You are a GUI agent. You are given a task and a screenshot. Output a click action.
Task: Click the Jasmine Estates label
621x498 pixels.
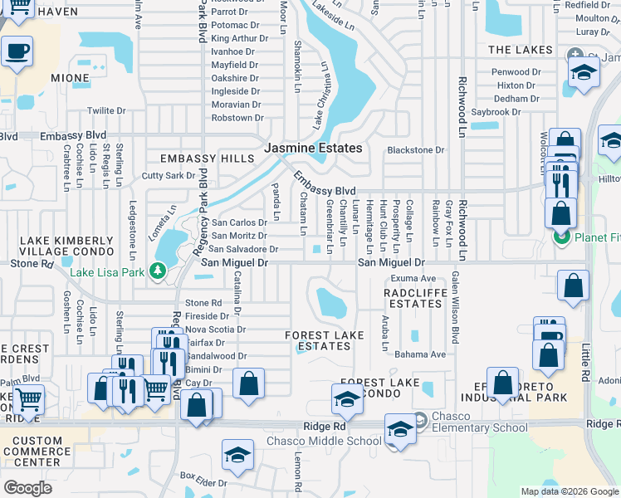tap(313, 148)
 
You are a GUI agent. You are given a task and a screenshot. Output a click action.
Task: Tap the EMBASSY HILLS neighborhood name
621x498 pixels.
tap(201, 159)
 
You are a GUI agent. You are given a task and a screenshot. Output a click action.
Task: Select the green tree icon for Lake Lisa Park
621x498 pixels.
tap(156, 271)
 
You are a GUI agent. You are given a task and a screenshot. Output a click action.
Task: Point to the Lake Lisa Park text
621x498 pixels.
tap(106, 271)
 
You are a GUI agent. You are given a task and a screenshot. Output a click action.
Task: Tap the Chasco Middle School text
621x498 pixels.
tap(324, 441)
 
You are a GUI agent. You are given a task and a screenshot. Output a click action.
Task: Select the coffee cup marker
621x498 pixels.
tap(16, 52)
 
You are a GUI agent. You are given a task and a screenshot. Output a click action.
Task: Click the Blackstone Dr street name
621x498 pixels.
tap(416, 150)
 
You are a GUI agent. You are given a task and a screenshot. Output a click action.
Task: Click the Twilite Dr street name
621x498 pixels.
tap(106, 110)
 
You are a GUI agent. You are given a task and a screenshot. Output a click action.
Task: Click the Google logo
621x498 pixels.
tap(27, 487)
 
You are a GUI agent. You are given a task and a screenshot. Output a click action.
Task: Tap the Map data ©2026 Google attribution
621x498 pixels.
tap(569, 491)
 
